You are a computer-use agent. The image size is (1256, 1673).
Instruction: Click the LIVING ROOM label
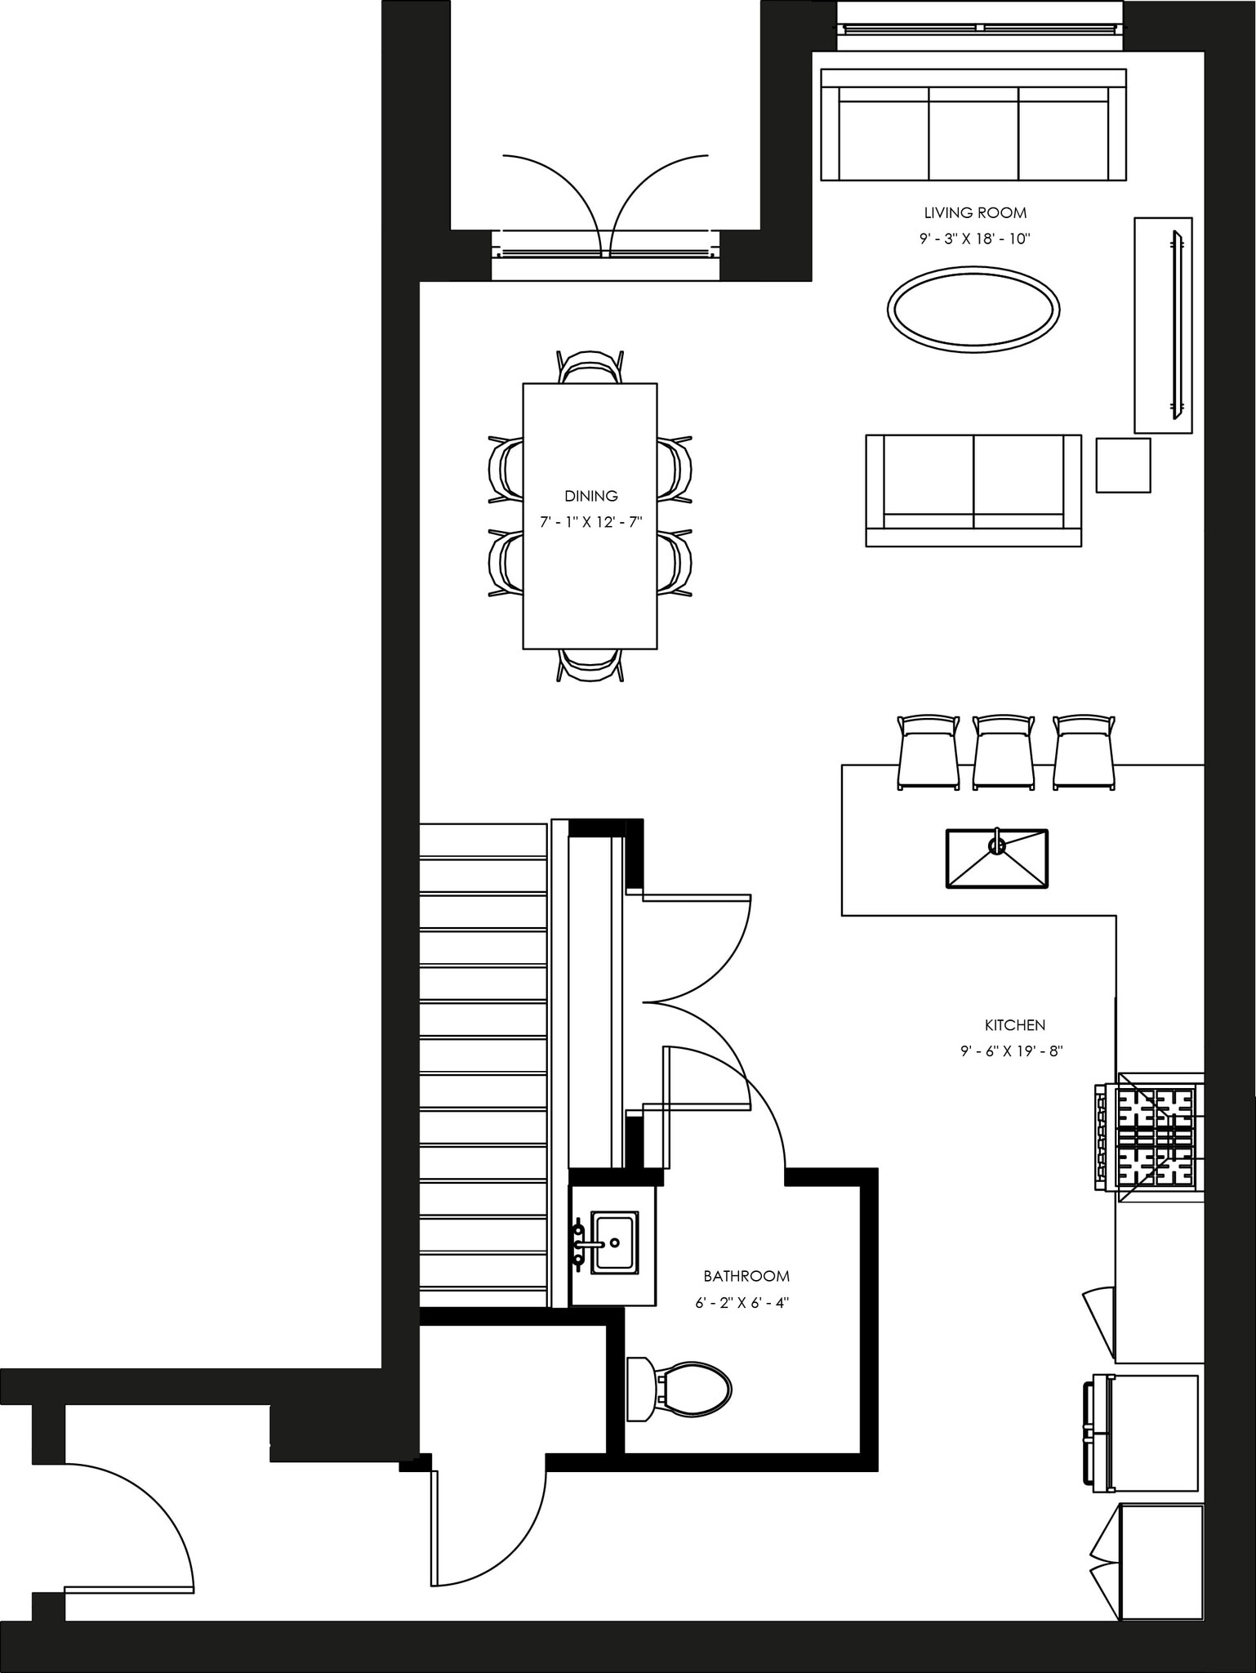click(x=975, y=213)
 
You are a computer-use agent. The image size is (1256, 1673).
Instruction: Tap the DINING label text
click(x=591, y=496)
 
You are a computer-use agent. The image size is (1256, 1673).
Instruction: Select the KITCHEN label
click(x=1014, y=1024)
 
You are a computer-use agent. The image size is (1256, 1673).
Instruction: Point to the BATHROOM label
click(x=746, y=1276)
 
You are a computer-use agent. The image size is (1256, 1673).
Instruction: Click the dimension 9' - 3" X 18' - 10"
click(x=975, y=239)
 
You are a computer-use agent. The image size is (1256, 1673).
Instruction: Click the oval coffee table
click(x=973, y=310)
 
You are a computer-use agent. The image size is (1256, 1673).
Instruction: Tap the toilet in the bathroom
click(x=680, y=1390)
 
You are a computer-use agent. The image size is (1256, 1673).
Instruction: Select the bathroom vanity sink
click(x=613, y=1242)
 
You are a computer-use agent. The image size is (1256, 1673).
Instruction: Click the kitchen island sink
click(x=996, y=859)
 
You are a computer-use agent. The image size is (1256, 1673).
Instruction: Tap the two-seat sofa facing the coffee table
click(x=973, y=489)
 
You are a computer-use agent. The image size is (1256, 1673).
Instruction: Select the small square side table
click(x=1123, y=466)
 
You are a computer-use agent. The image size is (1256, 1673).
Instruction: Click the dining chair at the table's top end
click(x=590, y=367)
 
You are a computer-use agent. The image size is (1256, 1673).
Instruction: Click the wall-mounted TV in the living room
click(x=1177, y=324)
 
